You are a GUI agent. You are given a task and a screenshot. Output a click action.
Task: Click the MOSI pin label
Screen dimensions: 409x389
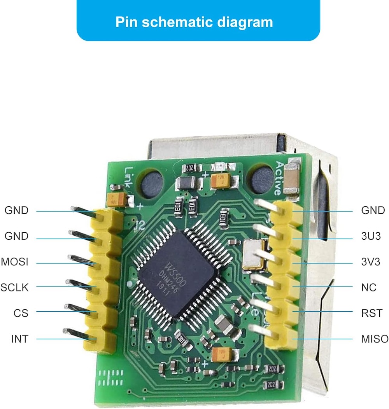pyautogui.click(x=15, y=262)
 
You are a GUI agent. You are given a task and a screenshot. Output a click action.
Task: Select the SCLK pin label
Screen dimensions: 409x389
pyautogui.click(x=15, y=287)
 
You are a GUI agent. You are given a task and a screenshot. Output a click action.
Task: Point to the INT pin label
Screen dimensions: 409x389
pyautogui.click(x=19, y=339)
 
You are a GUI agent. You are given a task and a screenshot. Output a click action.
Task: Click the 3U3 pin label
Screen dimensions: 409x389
pyautogui.click(x=371, y=236)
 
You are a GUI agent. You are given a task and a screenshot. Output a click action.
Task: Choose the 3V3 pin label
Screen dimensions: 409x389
pyautogui.click(x=371, y=262)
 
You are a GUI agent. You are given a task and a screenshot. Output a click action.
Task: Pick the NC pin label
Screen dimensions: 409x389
pyautogui.click(x=369, y=287)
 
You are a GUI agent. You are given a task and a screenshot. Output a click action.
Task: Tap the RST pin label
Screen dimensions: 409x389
pyautogui.click(x=371, y=313)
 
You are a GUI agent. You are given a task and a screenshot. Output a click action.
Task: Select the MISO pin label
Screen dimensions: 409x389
pyautogui.click(x=375, y=339)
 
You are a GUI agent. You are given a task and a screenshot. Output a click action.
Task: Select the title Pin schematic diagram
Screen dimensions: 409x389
pyautogui.click(x=194, y=22)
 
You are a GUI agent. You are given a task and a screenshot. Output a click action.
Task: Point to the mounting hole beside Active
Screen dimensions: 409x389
pyautogui.click(x=260, y=178)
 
